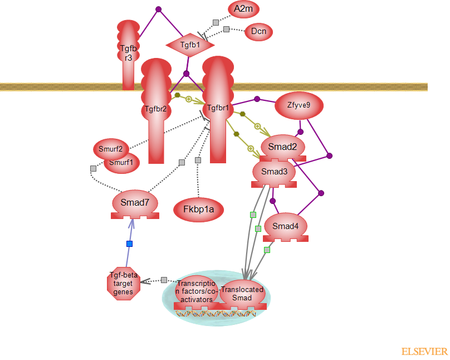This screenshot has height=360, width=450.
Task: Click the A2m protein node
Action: pyautogui.click(x=243, y=9)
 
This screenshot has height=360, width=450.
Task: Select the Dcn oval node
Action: pyautogui.click(x=258, y=32)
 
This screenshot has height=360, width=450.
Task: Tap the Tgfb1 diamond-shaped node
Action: pyautogui.click(x=190, y=44)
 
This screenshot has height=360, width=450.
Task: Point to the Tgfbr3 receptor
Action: pyautogui.click(x=128, y=53)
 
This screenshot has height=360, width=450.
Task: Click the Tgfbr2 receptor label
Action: pyautogui.click(x=155, y=109)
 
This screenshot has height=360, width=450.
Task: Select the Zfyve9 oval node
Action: pyautogui.click(x=299, y=105)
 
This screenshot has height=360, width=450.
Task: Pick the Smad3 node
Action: pyautogui.click(x=274, y=172)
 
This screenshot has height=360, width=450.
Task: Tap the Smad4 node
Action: pyautogui.click(x=286, y=226)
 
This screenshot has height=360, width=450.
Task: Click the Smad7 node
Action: pyautogui.click(x=135, y=203)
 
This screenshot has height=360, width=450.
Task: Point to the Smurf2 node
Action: pyautogui.click(x=111, y=149)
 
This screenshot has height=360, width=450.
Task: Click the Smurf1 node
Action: pyautogui.click(x=122, y=163)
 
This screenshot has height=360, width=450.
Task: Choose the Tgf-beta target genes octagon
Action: pyautogui.click(x=123, y=284)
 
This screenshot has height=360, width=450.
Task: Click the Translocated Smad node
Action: pyautogui.click(x=242, y=294)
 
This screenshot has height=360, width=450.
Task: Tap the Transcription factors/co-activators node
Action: pyautogui.click(x=195, y=291)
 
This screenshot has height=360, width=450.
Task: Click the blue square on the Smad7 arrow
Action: pyautogui.click(x=129, y=244)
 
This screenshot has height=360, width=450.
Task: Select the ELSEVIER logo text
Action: pyautogui.click(x=424, y=352)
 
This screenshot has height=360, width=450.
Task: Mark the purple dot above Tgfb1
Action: pyautogui.click(x=158, y=9)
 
